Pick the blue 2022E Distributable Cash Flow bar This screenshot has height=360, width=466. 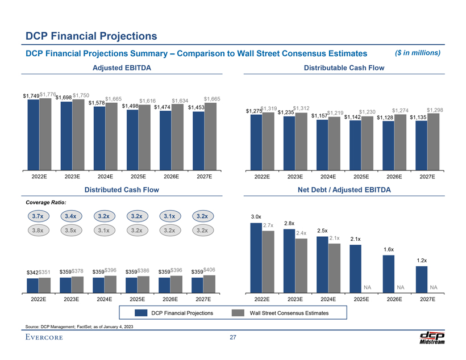coord(256,141)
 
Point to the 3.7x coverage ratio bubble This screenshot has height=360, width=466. coord(39,216)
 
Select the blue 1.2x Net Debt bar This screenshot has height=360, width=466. coord(422,278)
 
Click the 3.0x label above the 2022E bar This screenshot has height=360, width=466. coord(256,216)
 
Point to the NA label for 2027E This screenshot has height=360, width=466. coord(434,287)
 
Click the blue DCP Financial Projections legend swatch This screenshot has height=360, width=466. coord(140,313)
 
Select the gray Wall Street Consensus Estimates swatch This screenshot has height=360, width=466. coord(238,313)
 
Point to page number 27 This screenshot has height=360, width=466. coord(233,338)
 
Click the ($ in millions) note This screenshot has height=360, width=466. coord(418,53)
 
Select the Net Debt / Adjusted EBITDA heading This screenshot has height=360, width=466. coord(348,190)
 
